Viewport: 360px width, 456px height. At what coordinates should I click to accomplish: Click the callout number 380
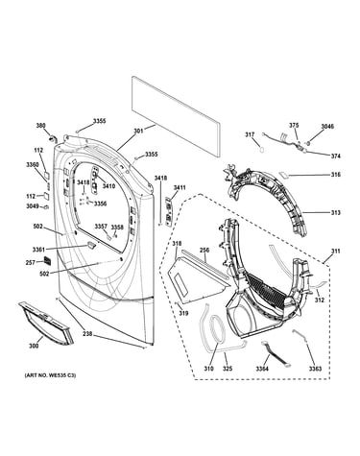point(40,126)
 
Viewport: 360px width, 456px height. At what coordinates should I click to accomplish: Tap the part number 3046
point(327,127)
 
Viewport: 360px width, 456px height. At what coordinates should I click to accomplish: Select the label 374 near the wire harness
point(336,156)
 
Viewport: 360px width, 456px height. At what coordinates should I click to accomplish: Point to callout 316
point(336,175)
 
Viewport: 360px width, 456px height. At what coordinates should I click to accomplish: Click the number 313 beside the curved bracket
point(336,212)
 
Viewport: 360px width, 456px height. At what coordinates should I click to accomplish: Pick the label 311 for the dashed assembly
point(336,252)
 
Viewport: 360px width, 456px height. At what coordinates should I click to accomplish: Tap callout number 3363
point(315,369)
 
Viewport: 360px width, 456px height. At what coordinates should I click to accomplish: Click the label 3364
point(262,369)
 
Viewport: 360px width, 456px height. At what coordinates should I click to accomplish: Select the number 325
point(228,369)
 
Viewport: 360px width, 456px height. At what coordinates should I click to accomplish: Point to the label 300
point(34,346)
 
